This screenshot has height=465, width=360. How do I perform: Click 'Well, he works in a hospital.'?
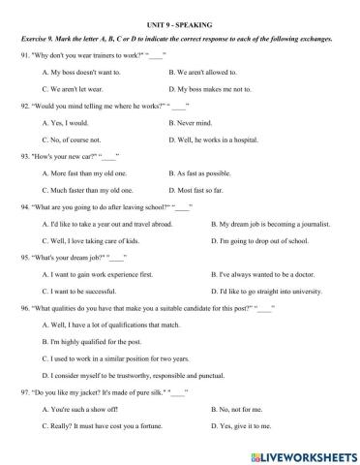[213, 139]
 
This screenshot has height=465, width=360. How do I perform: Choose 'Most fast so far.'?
[196, 190]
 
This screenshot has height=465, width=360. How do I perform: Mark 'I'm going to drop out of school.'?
[259, 240]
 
